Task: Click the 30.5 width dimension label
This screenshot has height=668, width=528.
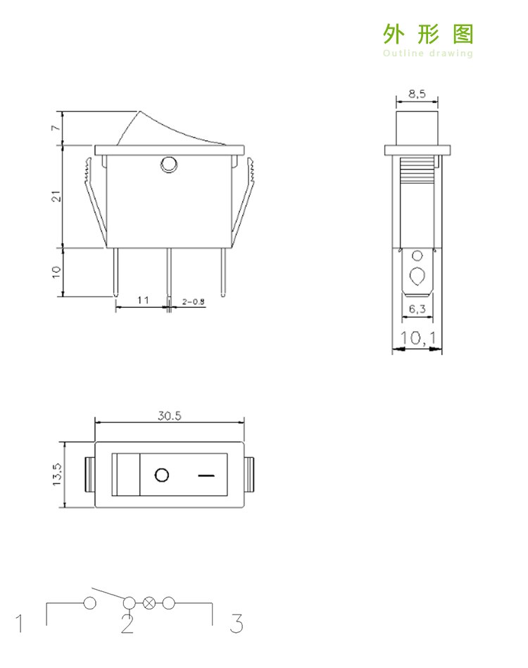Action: pos(170,415)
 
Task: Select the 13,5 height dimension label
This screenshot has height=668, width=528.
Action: pos(57,475)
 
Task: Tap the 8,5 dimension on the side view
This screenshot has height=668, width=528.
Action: pos(417,94)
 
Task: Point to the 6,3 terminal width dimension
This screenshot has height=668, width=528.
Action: pos(417,309)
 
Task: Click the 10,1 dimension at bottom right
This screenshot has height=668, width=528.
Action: pos(418,338)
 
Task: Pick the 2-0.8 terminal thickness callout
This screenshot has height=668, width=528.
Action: pos(194,302)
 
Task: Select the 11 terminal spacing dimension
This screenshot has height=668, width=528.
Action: pos(143,300)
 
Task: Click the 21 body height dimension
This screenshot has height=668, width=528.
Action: pos(56,197)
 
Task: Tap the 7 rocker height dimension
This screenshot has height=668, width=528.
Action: pos(56,128)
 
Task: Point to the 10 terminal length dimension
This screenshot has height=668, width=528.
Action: pos(56,272)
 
